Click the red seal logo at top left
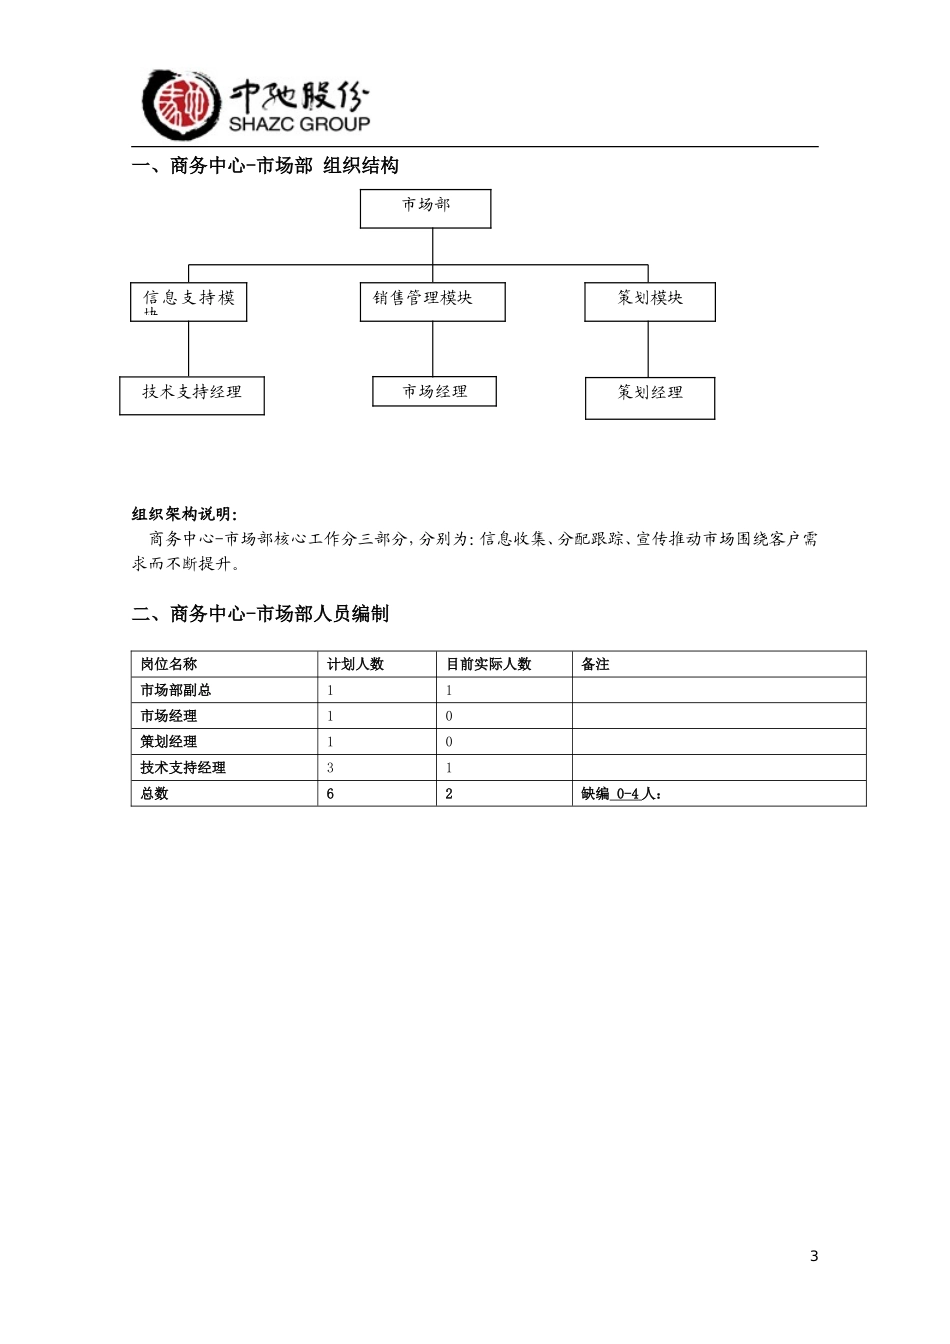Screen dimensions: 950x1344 point(180,104)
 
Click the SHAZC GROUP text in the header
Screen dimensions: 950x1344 point(299,124)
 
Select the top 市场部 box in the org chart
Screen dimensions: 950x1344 point(425,208)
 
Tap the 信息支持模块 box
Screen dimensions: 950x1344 point(188,301)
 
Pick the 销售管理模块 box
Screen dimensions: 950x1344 point(432,301)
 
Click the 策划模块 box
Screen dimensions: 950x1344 point(650,301)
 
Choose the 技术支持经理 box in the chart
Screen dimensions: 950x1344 point(192,395)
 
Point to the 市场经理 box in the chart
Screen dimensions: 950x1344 point(434,391)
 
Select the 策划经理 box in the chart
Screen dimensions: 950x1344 point(650,397)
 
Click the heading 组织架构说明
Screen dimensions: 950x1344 point(185,514)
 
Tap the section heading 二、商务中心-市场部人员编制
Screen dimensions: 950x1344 point(260,614)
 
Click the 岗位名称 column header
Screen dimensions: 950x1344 point(169,664)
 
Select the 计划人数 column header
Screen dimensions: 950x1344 point(355,664)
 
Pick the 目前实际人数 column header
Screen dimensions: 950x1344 point(489,664)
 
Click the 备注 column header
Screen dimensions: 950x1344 point(595,664)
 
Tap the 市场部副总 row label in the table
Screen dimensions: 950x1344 point(176,690)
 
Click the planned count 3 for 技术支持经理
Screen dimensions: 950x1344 point(330,768)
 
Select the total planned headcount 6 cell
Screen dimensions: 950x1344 point(330,794)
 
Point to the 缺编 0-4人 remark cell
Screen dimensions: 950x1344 point(621,794)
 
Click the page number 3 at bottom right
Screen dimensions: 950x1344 point(814,1256)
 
